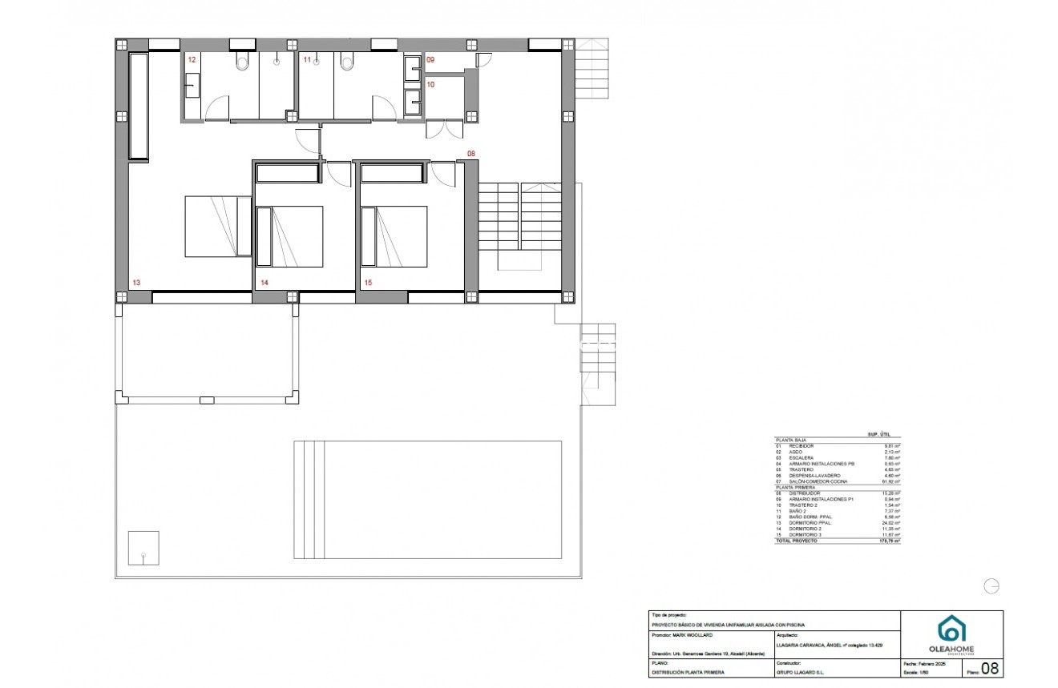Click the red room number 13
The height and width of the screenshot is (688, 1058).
pyautogui.click(x=136, y=283)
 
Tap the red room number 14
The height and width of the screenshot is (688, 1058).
pyautogui.click(x=264, y=283)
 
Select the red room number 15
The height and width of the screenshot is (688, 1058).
pyautogui.click(x=368, y=283)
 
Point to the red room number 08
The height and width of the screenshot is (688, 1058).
pyautogui.click(x=471, y=154)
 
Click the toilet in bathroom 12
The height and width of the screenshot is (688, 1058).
pyautogui.click(x=242, y=63)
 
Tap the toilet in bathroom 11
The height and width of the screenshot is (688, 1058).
pyautogui.click(x=346, y=63)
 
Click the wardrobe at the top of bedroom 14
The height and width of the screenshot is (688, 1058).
pyautogui.click(x=288, y=173)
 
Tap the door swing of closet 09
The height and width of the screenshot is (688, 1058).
pyautogui.click(x=483, y=61)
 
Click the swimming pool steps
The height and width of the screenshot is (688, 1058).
pyautogui.click(x=309, y=500)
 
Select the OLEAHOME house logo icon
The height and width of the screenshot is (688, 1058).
pyautogui.click(x=951, y=630)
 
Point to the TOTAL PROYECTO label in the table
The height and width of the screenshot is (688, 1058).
pyautogui.click(x=796, y=541)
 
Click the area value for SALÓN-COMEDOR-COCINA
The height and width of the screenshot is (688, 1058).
pyautogui.click(x=892, y=481)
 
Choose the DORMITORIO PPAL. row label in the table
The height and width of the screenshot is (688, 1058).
pyautogui.click(x=809, y=523)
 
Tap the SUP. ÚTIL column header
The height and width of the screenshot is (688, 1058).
pyautogui.click(x=878, y=433)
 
